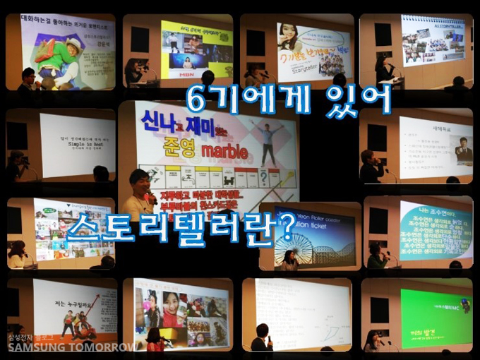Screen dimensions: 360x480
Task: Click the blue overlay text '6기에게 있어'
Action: pyautogui.click(x=288, y=100)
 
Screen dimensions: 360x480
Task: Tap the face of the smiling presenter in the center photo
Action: pyautogui.click(x=139, y=182)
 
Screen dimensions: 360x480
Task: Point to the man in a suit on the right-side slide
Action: pyautogui.click(x=462, y=150)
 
